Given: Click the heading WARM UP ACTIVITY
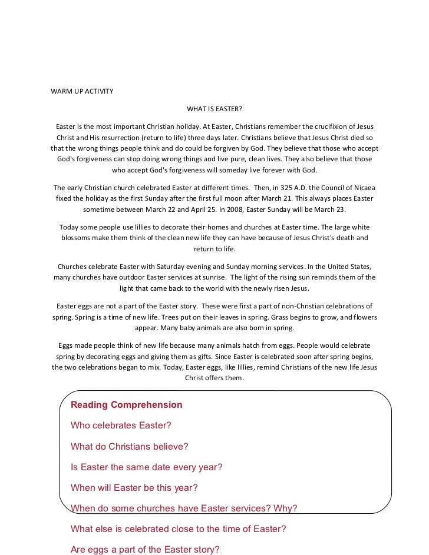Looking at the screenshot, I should coord(82,92).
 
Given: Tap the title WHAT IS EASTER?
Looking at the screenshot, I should coord(214,109).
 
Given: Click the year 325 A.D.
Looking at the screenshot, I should coord(280,187).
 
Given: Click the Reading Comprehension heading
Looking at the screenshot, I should coord(126,405).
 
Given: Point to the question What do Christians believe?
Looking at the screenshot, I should coord(129,446).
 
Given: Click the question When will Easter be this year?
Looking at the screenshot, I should coord(134,488).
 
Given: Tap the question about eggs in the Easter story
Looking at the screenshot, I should coord(145,550).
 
